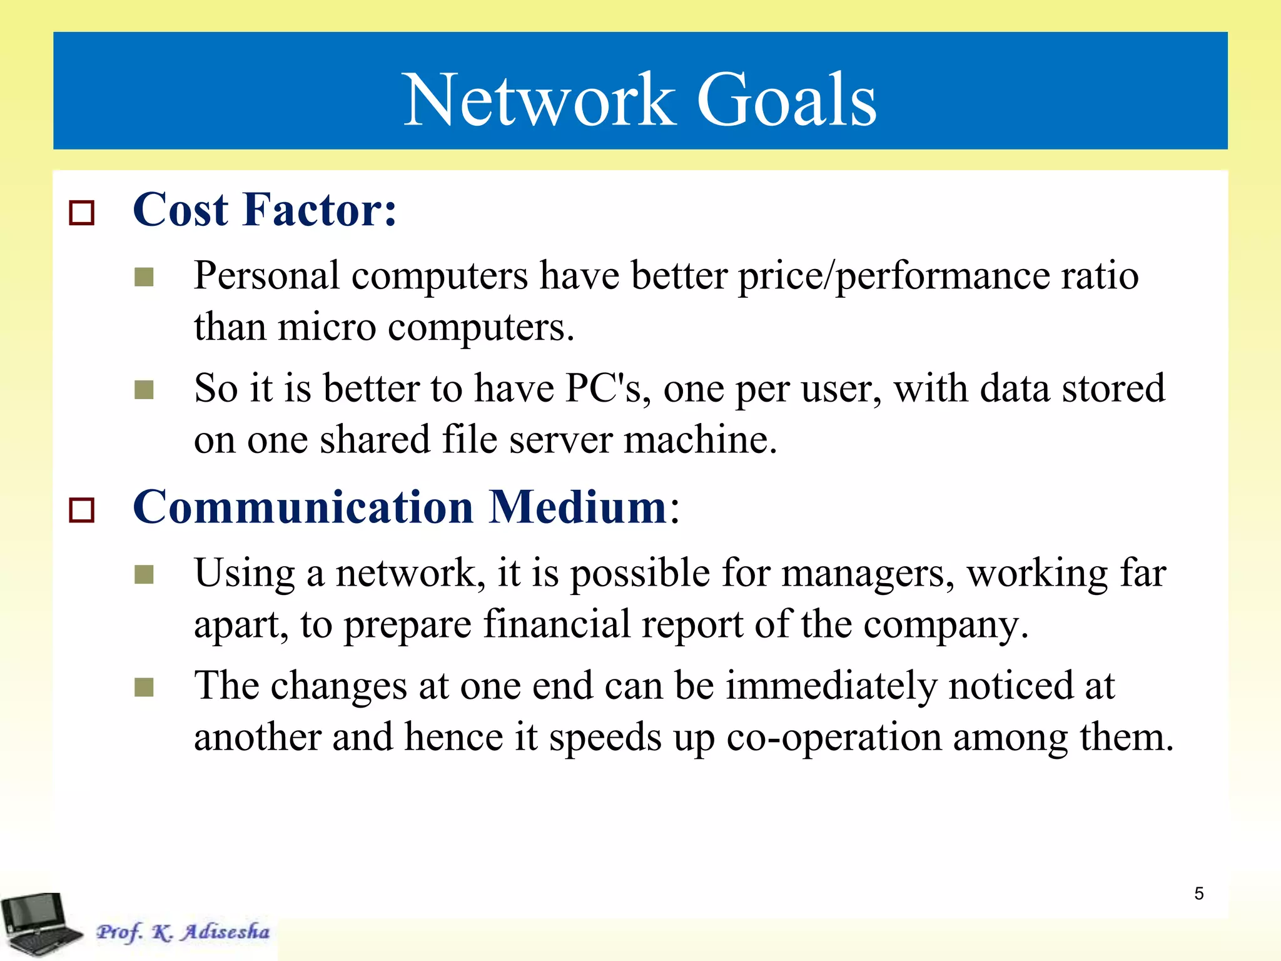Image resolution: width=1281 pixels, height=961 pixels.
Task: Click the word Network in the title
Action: pos(539,100)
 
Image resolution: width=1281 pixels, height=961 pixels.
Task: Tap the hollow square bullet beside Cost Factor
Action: pos(81,213)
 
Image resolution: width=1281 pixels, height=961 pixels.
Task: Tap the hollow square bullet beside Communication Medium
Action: pos(81,510)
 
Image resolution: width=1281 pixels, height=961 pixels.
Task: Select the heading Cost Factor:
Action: pos(265,210)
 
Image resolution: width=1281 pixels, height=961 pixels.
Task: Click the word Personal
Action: pos(266,277)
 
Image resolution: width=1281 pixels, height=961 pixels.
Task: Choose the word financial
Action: pos(557,624)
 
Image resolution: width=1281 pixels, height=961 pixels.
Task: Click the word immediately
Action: pos(831,686)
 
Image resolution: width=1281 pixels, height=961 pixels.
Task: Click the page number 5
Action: pos(1198,893)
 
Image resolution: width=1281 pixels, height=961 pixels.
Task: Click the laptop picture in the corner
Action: pos(41,925)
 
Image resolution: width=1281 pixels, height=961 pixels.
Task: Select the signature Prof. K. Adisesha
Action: pos(183,932)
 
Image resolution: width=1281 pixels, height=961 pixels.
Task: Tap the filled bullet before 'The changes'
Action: pos(144,688)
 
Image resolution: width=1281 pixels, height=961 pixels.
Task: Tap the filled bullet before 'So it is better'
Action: pos(144,390)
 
